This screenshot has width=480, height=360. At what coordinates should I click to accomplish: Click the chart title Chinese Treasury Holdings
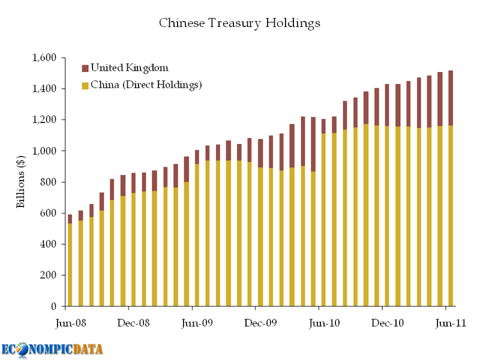(x=239, y=23)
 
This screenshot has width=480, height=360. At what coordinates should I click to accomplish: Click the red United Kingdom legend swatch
(x=85, y=68)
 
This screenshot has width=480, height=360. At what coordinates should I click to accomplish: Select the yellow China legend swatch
(x=85, y=85)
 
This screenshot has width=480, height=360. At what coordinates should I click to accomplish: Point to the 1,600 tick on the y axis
(x=44, y=58)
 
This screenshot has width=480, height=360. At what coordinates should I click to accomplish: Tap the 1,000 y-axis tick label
(x=44, y=151)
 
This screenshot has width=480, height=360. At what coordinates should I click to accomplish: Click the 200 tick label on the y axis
(x=48, y=275)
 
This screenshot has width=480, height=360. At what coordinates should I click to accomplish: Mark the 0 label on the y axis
(x=54, y=307)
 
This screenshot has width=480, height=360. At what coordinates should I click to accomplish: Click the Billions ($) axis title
(x=20, y=182)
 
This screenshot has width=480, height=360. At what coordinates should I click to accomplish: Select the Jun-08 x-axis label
(x=70, y=322)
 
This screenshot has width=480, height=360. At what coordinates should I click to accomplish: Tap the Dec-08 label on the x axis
(x=133, y=322)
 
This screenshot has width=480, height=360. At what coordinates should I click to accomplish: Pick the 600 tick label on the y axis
(x=48, y=214)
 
